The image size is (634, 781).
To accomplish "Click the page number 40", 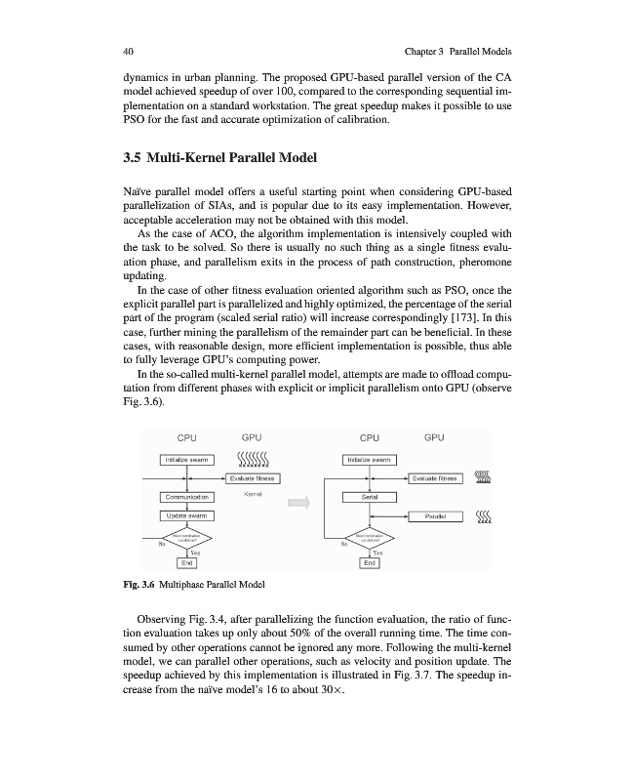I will point(129,50).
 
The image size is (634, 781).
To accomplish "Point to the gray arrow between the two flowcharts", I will point(297,503).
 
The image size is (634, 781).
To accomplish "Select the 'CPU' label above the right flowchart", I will point(369,438).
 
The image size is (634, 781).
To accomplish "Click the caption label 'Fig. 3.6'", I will point(141,584).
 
